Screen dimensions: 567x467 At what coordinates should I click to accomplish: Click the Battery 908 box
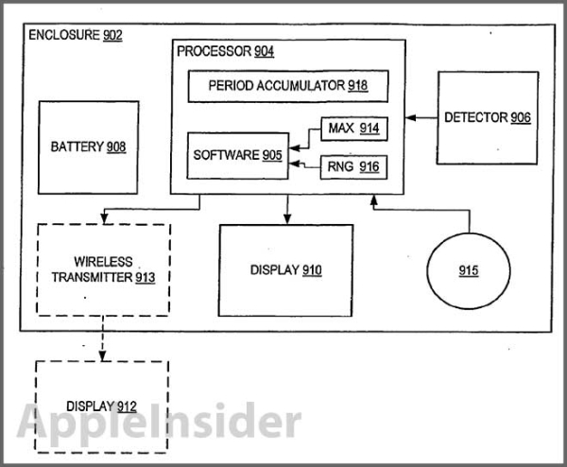pos(88,147)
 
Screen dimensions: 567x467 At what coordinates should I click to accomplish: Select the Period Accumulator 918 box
pos(288,86)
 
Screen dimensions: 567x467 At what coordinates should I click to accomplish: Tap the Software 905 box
pos(237,156)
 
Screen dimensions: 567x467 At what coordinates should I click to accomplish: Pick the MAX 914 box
pos(354,129)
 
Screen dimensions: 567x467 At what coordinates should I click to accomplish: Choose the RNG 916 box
pos(353,167)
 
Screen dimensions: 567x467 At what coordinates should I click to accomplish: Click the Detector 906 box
pos(488,118)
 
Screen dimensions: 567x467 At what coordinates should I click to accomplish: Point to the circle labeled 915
pos(469,270)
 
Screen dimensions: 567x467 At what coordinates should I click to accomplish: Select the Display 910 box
pos(285,270)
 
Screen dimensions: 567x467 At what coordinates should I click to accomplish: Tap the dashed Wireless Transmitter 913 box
pos(103,269)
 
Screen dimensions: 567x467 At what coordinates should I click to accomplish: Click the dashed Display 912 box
pos(102,406)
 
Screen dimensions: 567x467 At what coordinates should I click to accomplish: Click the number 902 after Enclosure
pos(112,35)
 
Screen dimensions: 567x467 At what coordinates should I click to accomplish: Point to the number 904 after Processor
pos(264,51)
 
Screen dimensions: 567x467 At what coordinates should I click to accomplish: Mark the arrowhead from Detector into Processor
pos(410,117)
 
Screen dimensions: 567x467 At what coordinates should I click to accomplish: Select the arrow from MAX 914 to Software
pos(309,137)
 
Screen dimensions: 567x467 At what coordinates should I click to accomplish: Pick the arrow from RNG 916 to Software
pos(305,165)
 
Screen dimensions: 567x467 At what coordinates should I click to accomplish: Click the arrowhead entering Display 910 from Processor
pos(287,219)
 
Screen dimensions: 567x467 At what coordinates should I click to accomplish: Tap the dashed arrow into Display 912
pos(102,338)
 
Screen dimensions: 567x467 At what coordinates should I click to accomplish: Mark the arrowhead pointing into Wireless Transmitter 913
pos(104,218)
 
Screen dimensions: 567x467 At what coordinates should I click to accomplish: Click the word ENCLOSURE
pos(64,35)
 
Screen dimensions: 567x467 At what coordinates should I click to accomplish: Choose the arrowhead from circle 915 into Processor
pos(374,200)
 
